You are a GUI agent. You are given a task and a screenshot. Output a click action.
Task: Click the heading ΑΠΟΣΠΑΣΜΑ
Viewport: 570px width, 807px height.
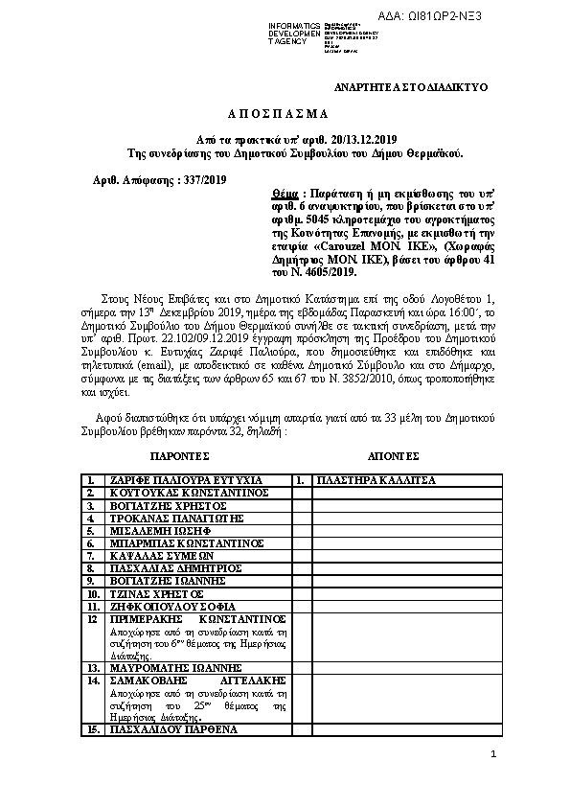pyautogui.click(x=285, y=112)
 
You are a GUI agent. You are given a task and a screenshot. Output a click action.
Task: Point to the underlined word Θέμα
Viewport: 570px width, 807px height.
pyautogui.click(x=286, y=192)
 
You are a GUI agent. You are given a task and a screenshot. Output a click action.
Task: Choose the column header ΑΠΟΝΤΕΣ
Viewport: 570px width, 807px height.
pyautogui.click(x=394, y=455)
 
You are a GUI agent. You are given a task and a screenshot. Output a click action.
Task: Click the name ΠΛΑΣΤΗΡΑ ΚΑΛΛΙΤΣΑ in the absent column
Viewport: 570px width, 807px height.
pyautogui.click(x=376, y=479)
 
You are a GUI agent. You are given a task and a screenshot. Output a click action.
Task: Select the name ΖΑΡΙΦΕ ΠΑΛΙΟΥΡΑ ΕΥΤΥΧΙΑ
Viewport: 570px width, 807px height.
pyautogui.click(x=187, y=479)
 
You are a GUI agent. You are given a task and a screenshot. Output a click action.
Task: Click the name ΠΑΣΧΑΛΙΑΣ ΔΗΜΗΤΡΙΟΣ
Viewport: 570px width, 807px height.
pyautogui.click(x=172, y=567)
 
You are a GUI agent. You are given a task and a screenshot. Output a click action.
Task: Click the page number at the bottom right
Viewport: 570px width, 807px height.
pyautogui.click(x=492, y=756)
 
